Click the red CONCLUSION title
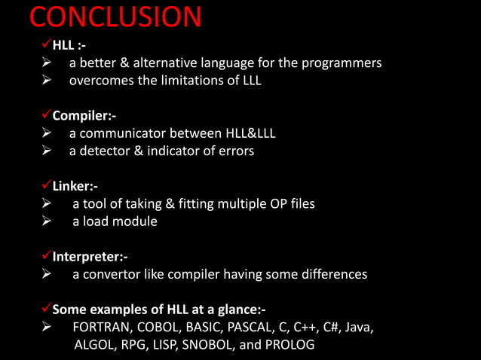[115, 17]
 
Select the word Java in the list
[358, 328]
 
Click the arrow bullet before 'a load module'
[46, 221]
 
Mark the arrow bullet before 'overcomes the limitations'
[46, 81]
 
